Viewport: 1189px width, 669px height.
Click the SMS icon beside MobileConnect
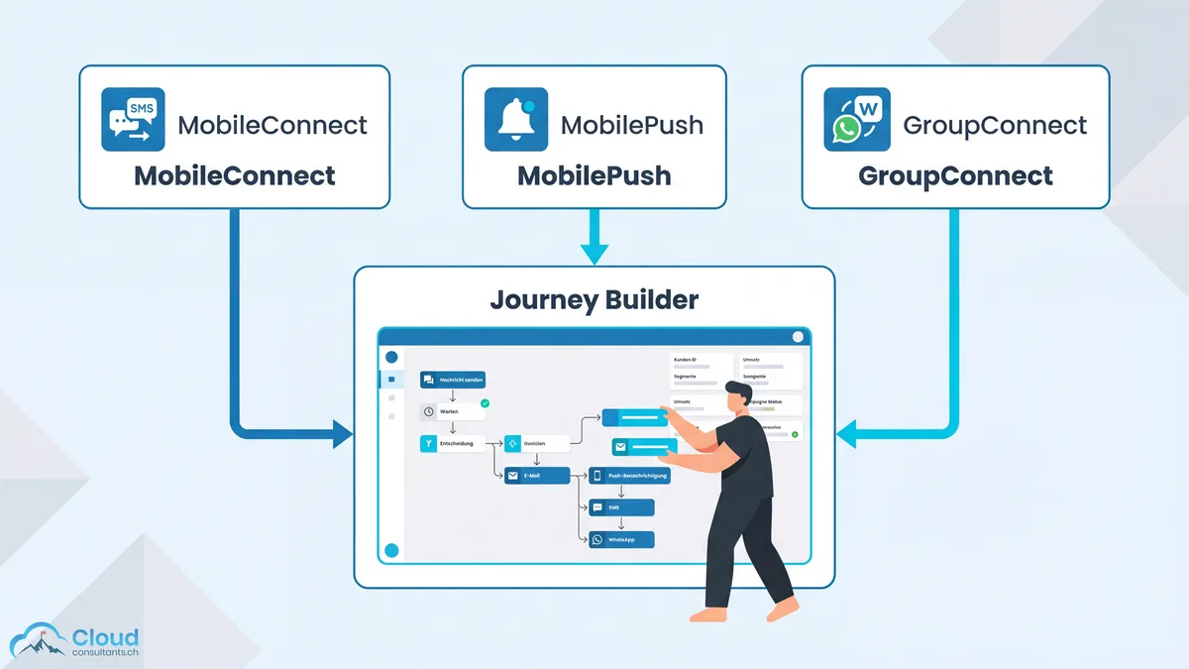[133, 120]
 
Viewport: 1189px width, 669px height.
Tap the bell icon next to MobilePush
[515, 120]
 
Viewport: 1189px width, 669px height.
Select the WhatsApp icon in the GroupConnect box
[856, 120]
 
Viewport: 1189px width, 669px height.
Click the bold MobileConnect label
[235, 176]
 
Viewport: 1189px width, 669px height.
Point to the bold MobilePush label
[594, 176]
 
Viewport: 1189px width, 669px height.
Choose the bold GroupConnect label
[955, 176]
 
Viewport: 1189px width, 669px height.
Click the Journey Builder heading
[593, 300]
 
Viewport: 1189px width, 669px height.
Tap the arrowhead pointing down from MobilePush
[594, 254]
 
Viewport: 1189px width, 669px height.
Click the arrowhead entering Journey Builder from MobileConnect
[343, 433]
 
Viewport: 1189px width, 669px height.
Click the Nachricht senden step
[453, 380]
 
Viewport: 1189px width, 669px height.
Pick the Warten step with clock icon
[447, 410]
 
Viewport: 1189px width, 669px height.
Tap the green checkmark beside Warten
[485, 403]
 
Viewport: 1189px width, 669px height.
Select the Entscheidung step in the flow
[454, 444]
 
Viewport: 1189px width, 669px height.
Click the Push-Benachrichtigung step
[629, 476]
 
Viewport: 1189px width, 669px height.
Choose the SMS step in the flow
[621, 507]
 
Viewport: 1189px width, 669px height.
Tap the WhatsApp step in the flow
[621, 539]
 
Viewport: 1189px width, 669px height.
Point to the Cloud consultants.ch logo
[74, 642]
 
